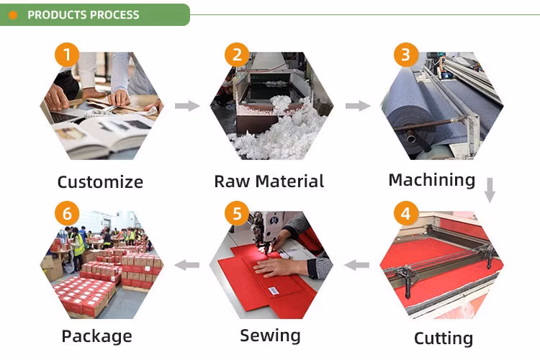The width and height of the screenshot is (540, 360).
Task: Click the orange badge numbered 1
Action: (x=67, y=55)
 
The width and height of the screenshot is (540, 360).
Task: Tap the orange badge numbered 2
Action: (x=237, y=55)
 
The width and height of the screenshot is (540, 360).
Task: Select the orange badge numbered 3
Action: (x=406, y=55)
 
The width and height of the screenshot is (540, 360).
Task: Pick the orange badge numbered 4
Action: (x=406, y=213)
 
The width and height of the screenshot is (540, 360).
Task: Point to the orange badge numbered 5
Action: (x=237, y=213)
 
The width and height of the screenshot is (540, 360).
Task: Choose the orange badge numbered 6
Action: (x=67, y=213)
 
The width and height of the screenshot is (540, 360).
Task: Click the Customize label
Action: (x=100, y=182)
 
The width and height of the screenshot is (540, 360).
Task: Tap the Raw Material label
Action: (x=269, y=181)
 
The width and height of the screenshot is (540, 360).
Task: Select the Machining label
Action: (x=432, y=180)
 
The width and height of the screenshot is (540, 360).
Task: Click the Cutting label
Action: (x=444, y=338)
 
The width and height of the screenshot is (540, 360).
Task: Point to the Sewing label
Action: (x=270, y=336)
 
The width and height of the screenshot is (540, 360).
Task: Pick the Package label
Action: (x=96, y=336)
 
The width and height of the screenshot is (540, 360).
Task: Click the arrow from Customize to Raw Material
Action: (x=187, y=105)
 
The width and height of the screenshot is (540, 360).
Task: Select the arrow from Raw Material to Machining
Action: (x=358, y=105)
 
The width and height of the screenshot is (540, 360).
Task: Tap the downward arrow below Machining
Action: (x=490, y=190)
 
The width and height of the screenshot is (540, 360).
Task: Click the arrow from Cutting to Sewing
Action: (x=356, y=265)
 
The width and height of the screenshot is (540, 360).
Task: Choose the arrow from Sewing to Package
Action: (x=187, y=265)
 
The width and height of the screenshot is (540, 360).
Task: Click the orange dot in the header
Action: (x=13, y=15)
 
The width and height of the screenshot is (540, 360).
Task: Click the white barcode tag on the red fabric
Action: (x=274, y=291)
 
